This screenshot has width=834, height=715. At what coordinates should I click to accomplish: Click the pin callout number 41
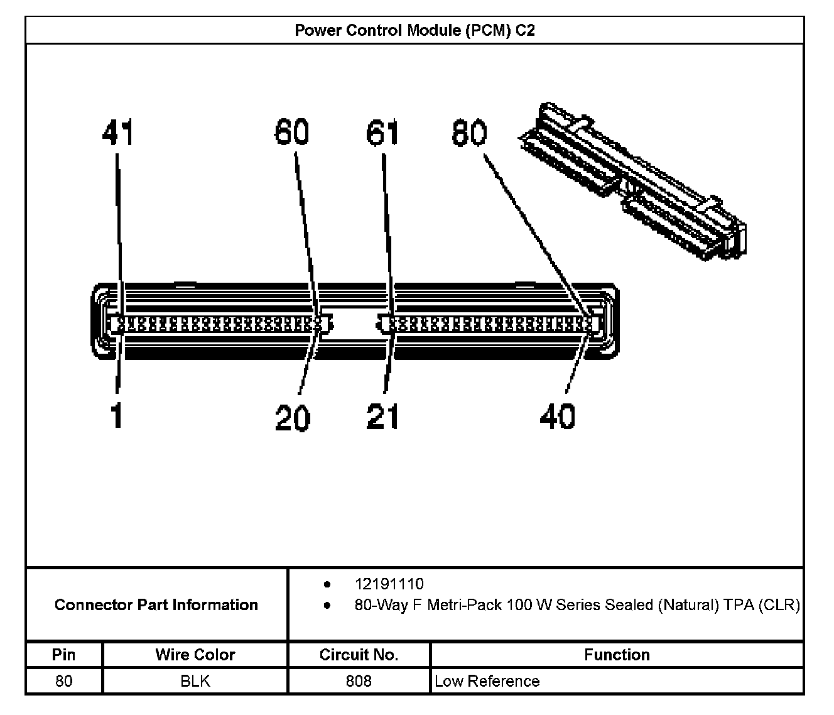(x=118, y=133)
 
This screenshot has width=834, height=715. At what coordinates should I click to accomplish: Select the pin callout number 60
(x=292, y=133)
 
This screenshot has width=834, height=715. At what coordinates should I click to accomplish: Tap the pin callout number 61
(x=383, y=133)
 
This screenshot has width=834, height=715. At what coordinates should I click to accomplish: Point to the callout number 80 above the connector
(x=469, y=133)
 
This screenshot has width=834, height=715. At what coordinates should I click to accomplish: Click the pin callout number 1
(x=117, y=416)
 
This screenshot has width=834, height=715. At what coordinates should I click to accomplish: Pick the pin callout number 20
(x=293, y=417)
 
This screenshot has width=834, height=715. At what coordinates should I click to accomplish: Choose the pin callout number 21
(x=383, y=417)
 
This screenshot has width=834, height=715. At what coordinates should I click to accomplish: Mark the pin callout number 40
(x=558, y=417)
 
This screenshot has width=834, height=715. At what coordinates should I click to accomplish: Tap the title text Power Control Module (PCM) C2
(x=415, y=30)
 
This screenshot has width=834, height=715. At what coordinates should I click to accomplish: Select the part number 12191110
(x=389, y=584)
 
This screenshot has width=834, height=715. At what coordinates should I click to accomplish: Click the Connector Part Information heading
(x=156, y=604)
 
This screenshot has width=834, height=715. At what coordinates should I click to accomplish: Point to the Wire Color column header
(x=195, y=655)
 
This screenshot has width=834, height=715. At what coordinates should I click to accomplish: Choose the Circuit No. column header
(x=359, y=655)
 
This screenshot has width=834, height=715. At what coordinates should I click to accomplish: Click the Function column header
(x=617, y=655)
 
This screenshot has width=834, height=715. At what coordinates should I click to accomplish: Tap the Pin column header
(x=63, y=655)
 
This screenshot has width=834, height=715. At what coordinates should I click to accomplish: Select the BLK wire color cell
(x=195, y=681)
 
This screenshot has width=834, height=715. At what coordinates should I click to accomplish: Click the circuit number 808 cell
(x=359, y=681)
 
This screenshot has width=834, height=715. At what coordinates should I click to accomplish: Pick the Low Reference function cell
(x=487, y=681)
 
